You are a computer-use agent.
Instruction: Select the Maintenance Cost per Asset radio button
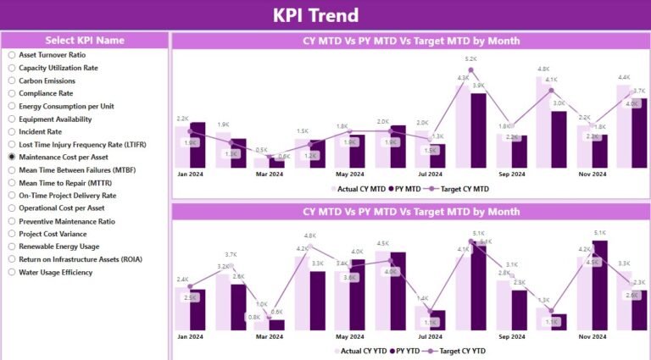12,157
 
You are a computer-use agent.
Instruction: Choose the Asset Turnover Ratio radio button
12,55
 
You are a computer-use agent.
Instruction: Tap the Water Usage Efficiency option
12,272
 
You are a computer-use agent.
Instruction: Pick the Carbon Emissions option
12,80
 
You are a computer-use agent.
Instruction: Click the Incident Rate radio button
12,131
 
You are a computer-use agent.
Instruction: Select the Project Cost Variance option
12,234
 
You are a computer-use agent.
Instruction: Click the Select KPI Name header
84,40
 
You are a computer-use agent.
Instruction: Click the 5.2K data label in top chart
470,58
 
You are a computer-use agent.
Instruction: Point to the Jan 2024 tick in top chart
190,174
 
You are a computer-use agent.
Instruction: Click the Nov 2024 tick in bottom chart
592,335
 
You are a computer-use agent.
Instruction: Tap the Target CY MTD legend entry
459,188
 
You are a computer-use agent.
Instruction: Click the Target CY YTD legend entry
459,350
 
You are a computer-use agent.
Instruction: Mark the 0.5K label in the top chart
262,149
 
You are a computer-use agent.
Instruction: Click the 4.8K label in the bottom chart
309,235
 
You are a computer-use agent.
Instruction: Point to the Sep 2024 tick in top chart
512,174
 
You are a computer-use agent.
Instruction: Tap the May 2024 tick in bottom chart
350,335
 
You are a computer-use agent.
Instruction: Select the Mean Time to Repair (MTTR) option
12,182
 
